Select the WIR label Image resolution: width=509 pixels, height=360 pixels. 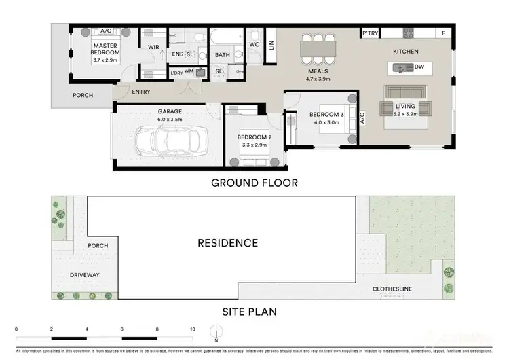pos(153,47)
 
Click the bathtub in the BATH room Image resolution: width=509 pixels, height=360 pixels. pos(223,37)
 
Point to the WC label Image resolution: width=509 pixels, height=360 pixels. pos(254,45)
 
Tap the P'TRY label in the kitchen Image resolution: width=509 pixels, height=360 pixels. pos(370,33)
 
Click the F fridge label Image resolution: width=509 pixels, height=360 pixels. pos(444,33)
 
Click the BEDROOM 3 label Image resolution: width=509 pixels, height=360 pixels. pos(327,114)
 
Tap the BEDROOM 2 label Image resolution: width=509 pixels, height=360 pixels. pos(254,137)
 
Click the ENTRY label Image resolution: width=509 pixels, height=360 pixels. pos(142,92)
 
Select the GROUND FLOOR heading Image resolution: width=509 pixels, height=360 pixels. pos(254,182)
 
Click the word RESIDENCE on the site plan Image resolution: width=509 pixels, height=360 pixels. pos(227,242)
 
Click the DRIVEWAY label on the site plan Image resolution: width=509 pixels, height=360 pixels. pos(85,275)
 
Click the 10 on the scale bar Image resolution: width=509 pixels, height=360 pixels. pos(193,329)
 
